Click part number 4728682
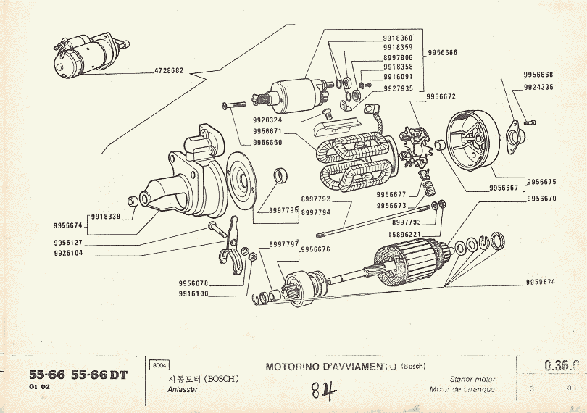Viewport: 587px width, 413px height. [169, 71]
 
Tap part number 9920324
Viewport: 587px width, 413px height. [267, 120]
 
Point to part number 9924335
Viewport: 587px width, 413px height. [538, 87]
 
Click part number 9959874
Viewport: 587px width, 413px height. [540, 282]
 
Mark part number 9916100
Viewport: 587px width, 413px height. [193, 293]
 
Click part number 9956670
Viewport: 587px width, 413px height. [541, 199]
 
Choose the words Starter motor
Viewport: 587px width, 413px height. [472, 379]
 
